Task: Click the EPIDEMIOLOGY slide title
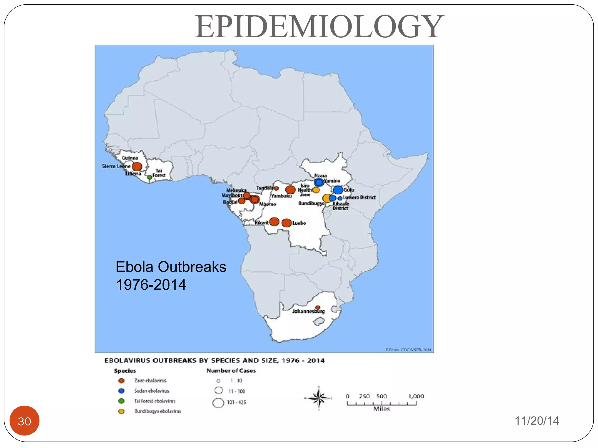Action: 319,27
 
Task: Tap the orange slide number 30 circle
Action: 25,421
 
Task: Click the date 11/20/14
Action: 537,421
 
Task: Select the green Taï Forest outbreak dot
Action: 149,177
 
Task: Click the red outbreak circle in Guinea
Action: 137,167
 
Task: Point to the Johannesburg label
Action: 308,311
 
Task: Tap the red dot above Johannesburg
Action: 318,307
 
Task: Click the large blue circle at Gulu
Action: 338,190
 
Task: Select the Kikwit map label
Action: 261,223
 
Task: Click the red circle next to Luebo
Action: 286,223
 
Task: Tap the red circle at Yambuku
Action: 290,190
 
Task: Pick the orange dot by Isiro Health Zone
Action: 316,190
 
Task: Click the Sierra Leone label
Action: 116,166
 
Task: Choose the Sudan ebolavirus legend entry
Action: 152,391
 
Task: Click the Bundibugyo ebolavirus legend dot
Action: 121,411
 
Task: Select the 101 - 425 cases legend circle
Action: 218,403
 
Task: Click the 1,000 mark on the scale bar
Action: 416,397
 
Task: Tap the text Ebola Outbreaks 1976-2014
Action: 171,276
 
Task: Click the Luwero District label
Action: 359,197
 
